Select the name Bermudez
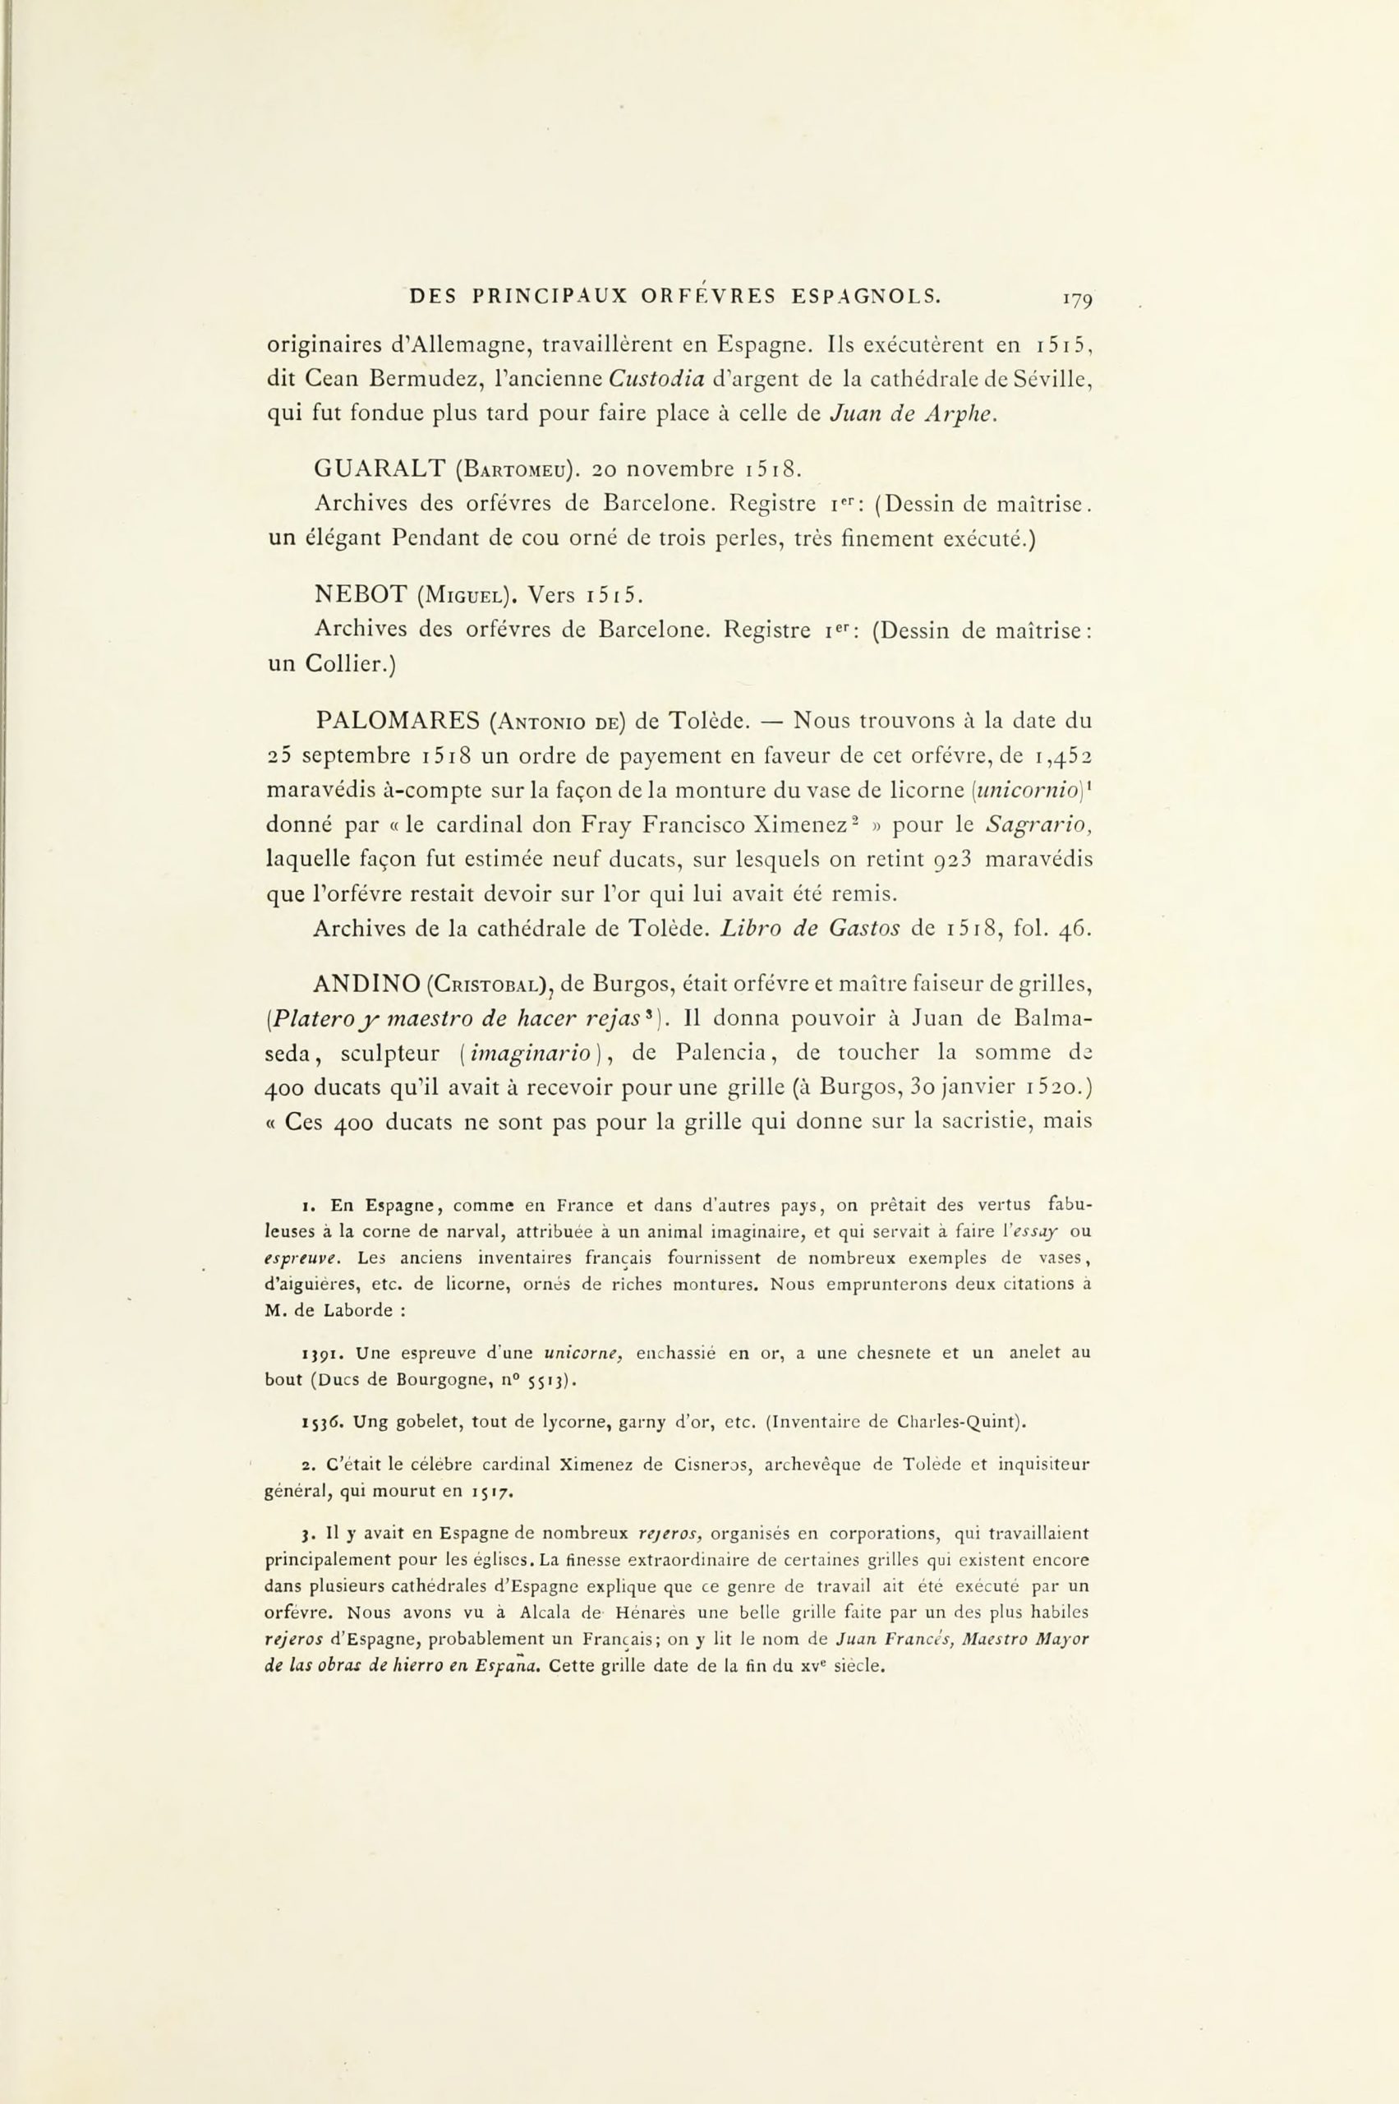coord(412,379)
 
